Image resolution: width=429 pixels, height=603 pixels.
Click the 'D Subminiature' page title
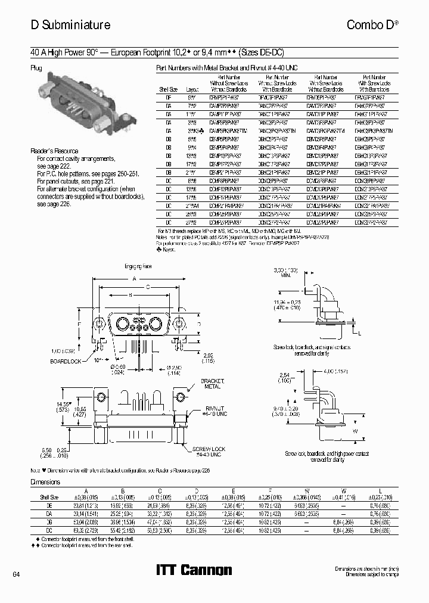point(70,25)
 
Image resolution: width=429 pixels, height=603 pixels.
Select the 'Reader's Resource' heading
point(54,151)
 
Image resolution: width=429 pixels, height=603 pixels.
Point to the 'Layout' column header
point(192,89)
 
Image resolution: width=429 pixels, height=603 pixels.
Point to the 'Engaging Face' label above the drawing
point(138,266)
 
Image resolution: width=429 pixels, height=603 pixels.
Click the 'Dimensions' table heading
point(45,481)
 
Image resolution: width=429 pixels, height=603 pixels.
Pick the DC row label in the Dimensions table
point(49,529)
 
